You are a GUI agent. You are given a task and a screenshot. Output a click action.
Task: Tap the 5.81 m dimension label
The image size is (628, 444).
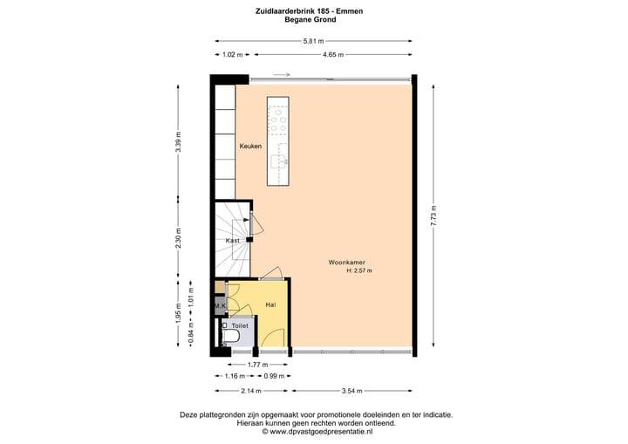[313, 41]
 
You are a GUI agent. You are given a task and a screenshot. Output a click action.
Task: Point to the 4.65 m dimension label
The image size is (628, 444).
[332, 55]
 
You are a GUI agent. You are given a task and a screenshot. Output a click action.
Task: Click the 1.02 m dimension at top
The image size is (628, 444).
[231, 55]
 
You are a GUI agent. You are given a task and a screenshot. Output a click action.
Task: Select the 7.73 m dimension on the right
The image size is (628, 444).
[433, 215]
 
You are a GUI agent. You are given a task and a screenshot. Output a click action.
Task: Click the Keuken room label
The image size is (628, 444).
[250, 147]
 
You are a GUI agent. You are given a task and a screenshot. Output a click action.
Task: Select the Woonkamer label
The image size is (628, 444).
[346, 262]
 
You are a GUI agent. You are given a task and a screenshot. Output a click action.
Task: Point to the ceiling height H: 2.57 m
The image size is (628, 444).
[359, 270]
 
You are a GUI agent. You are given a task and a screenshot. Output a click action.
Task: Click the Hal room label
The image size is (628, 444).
[271, 305]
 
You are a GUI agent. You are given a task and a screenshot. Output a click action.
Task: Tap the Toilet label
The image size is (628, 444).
[240, 325]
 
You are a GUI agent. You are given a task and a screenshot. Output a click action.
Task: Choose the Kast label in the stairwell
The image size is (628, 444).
[233, 240]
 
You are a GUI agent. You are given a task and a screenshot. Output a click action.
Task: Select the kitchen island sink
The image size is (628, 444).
[279, 161]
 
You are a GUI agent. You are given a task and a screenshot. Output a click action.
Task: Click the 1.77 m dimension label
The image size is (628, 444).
[257, 364]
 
